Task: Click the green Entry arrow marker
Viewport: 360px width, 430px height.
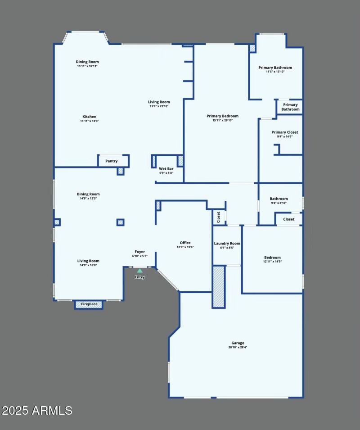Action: click(139, 271)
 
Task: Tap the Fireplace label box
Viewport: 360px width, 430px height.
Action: click(89, 304)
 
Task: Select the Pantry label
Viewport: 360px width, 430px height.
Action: click(112, 161)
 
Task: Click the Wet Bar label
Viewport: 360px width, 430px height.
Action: click(166, 169)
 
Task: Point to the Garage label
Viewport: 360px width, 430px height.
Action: click(237, 343)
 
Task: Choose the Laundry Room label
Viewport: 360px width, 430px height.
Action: click(227, 244)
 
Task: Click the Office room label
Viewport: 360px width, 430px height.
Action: click(185, 243)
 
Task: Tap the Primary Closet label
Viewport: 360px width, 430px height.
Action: click(285, 132)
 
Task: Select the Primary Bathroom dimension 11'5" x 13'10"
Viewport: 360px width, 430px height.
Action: click(275, 72)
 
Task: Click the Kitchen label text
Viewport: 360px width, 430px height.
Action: click(89, 117)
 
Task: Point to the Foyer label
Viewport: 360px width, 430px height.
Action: click(139, 252)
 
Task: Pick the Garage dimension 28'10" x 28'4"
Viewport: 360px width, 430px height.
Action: click(237, 347)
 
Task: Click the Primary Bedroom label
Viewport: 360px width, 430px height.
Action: click(222, 116)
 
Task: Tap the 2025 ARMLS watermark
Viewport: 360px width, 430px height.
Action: click(37, 411)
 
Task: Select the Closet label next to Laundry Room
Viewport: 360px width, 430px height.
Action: click(219, 217)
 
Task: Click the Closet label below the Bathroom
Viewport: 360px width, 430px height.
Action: click(289, 219)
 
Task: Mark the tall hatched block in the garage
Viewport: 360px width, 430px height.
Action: click(219, 287)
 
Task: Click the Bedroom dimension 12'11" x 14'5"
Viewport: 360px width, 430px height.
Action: click(272, 262)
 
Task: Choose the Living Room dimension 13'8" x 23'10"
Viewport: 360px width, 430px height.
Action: click(159, 106)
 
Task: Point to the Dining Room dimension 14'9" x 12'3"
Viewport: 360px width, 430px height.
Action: click(88, 198)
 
